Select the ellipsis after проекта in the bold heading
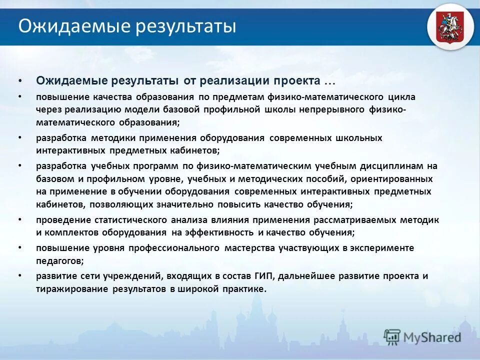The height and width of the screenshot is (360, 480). pos(329,81)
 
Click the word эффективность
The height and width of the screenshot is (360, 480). pos(219,233)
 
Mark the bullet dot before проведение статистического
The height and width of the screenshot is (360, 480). pos(20,220)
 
